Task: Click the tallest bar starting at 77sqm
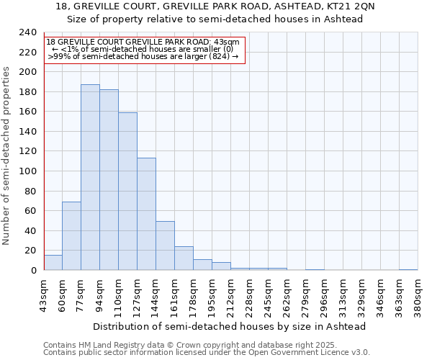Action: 90,177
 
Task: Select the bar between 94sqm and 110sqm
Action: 109,180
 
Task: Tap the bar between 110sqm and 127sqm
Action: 127,192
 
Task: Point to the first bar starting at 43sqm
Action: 53,263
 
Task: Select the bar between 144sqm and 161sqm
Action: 165,246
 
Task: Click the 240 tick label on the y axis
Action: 28,33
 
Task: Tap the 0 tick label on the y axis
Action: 33,271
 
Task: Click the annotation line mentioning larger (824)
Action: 143,56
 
